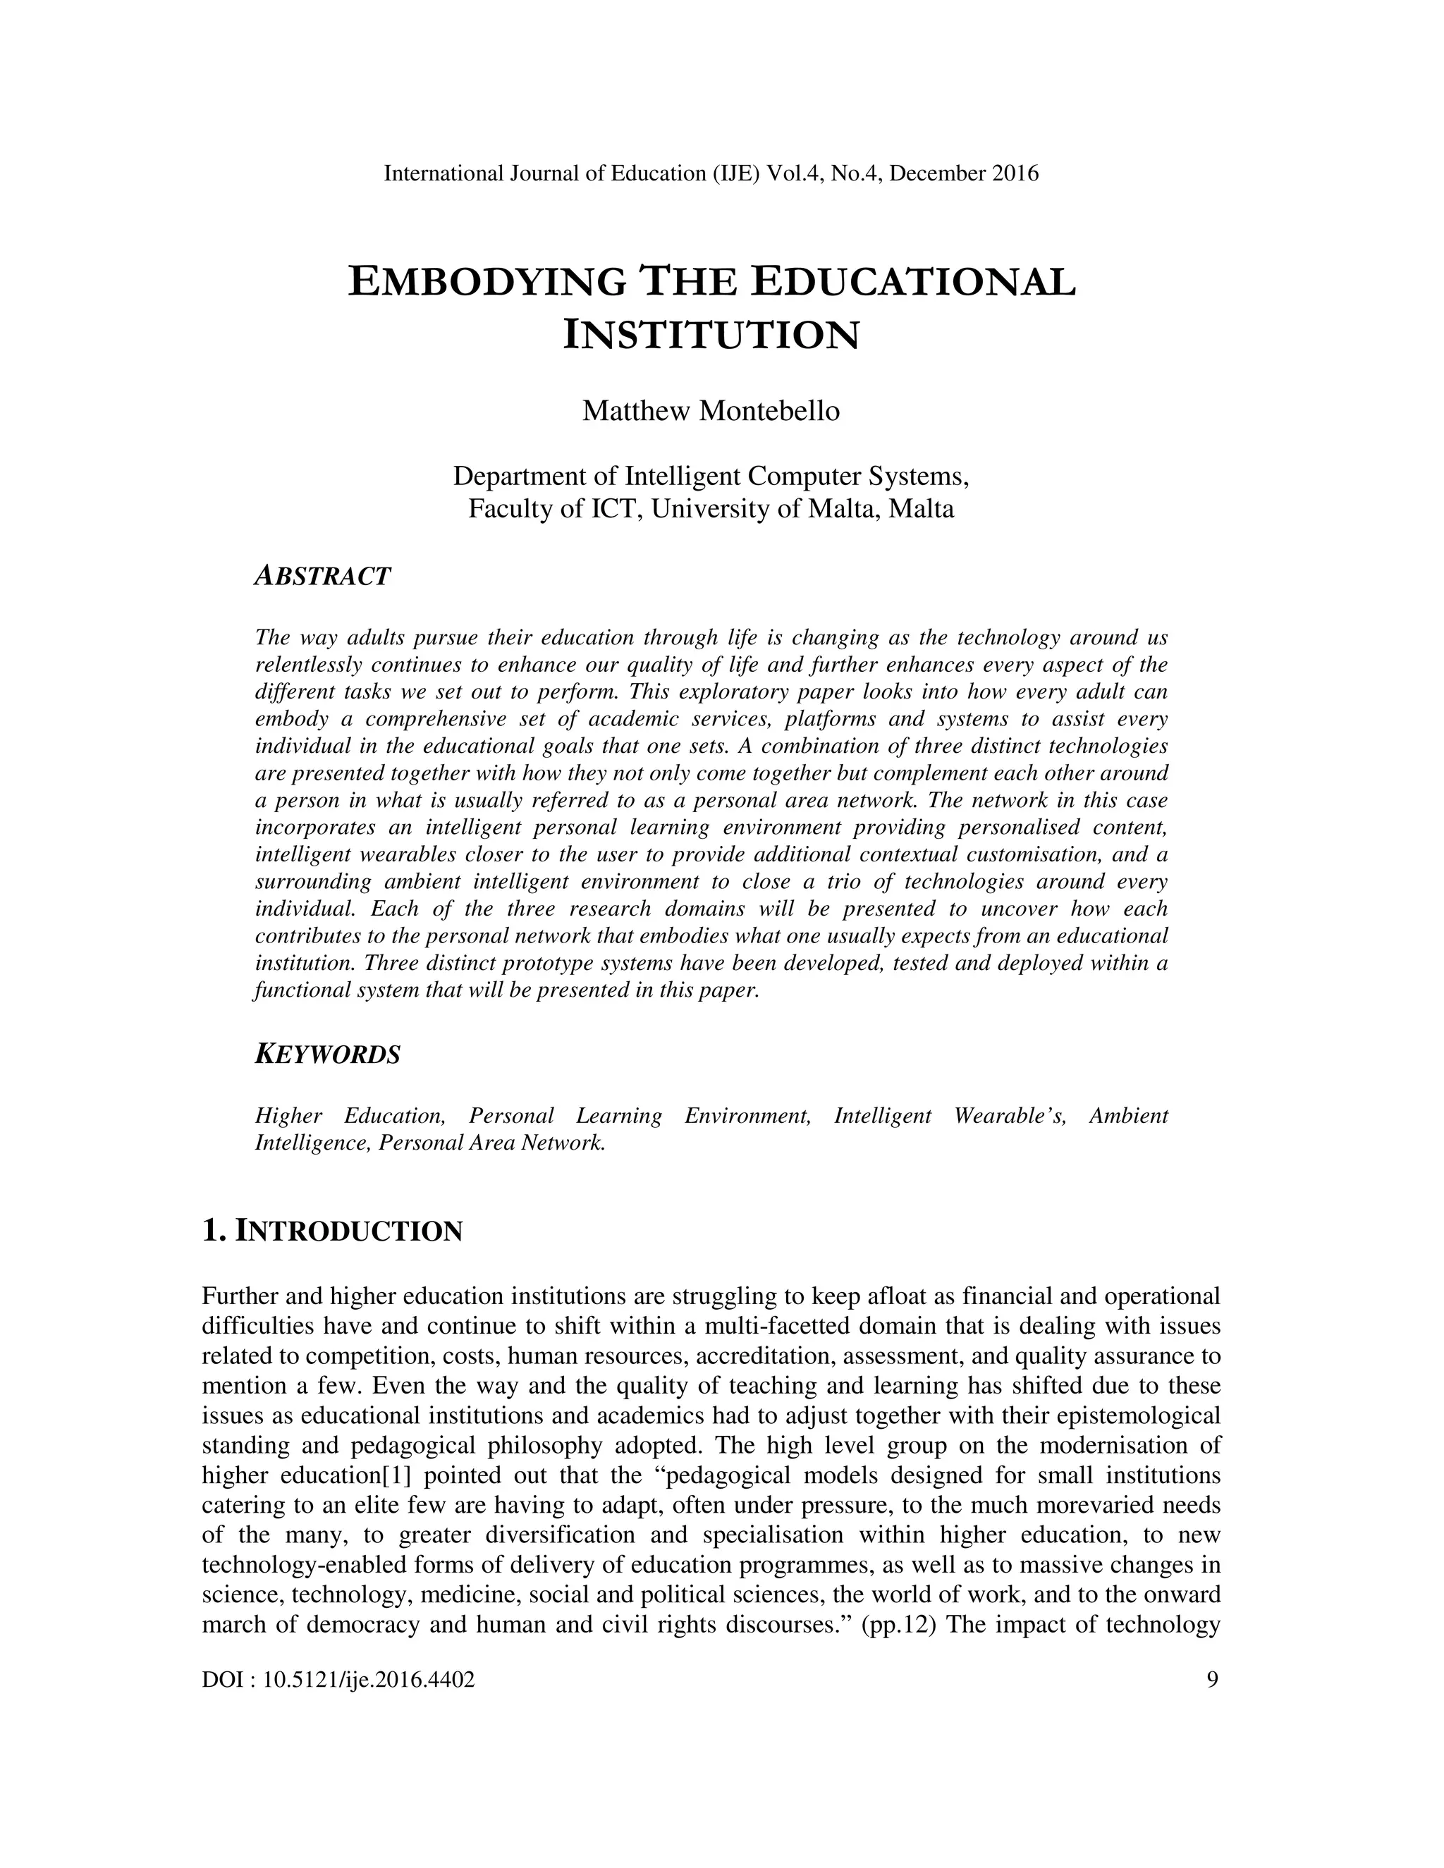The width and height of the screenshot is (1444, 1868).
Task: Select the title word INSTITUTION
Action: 711,336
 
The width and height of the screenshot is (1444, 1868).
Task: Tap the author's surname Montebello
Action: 769,412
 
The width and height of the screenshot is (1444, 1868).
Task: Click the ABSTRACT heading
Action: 322,576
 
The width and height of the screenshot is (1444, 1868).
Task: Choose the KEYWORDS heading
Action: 328,1055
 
